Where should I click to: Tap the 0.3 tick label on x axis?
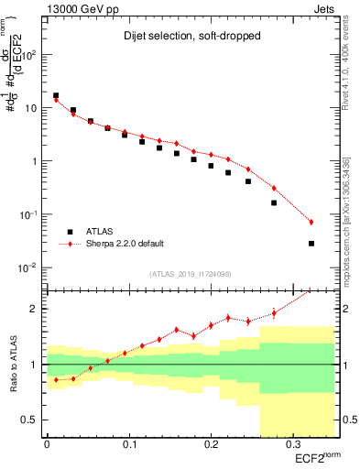(x=291, y=443)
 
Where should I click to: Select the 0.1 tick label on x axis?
(x=128, y=443)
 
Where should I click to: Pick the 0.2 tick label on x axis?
(x=210, y=443)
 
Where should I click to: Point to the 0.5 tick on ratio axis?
(x=35, y=420)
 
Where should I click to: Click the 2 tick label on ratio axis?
(x=37, y=309)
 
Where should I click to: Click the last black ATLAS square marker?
(x=311, y=244)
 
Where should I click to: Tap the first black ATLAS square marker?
(x=56, y=95)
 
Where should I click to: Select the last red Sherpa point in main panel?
(x=311, y=223)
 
